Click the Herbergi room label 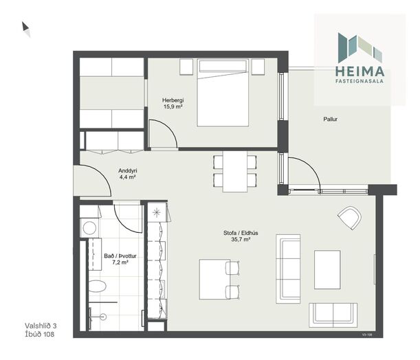173,100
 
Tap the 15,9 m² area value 173,106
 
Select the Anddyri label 128,170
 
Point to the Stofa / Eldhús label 241,233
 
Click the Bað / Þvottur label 120,256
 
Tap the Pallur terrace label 330,119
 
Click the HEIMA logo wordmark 360,71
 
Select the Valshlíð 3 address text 41,326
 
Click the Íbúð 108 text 40,334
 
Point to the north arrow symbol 25,27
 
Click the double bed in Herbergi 223,93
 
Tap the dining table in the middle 235,172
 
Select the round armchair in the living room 349,217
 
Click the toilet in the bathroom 98,286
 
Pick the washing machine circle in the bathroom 90,228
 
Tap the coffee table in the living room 327,269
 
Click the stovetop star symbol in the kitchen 157,213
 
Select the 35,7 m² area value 241,239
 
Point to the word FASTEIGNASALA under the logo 360,80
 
